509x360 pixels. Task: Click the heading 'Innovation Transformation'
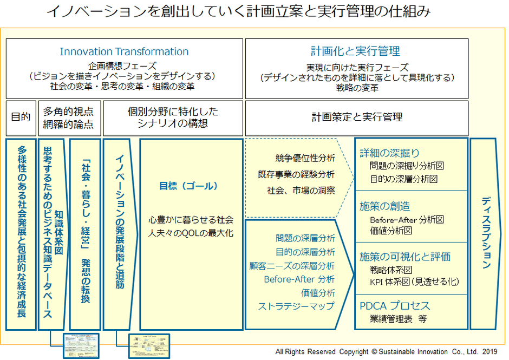(124, 52)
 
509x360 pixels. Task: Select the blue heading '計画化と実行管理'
(355, 51)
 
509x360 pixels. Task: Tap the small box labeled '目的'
(21, 117)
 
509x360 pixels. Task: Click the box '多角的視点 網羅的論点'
(68, 117)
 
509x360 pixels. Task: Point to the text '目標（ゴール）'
(188, 186)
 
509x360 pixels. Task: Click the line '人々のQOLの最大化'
(191, 233)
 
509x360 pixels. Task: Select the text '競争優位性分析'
(305, 158)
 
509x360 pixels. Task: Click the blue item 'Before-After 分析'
(299, 279)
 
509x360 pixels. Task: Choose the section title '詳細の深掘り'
(389, 153)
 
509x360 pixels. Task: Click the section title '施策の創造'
(385, 206)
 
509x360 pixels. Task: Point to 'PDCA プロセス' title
(395, 306)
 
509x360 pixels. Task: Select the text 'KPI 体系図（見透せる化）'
(414, 282)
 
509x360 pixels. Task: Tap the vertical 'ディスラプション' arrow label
(486, 233)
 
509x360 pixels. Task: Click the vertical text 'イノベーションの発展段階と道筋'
(120, 222)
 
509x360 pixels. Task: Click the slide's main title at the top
(238, 12)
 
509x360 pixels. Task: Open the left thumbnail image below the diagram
(81, 345)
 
